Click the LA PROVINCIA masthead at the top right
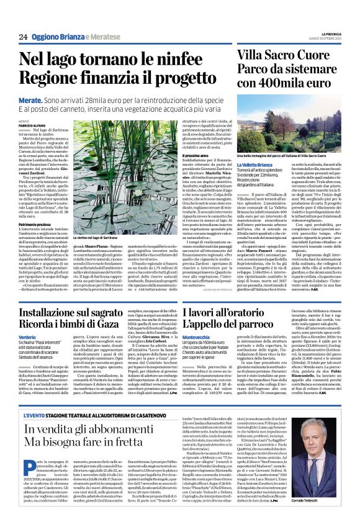point(329,34)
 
